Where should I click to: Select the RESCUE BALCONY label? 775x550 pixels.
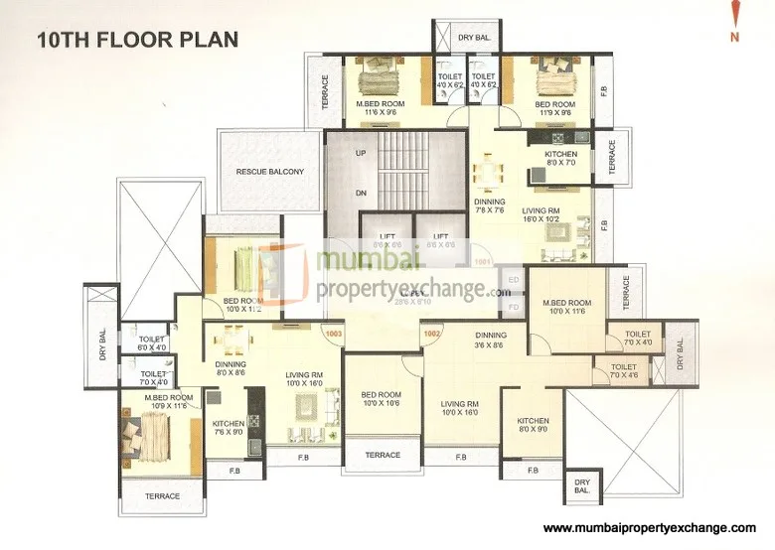[x=269, y=172]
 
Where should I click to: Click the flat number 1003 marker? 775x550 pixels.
[x=334, y=335]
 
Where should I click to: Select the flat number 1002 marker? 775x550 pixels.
[x=431, y=335]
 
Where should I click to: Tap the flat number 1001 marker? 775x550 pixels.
[x=483, y=263]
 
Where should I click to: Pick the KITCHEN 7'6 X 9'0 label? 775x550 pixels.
[x=228, y=427]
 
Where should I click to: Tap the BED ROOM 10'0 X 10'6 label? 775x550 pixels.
[x=382, y=399]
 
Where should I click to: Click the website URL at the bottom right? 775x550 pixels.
[x=651, y=528]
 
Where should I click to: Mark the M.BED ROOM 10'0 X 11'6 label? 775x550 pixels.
[x=566, y=307]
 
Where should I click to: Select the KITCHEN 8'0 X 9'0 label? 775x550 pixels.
[x=533, y=425]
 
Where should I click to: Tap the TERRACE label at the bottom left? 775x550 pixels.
[x=162, y=495]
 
